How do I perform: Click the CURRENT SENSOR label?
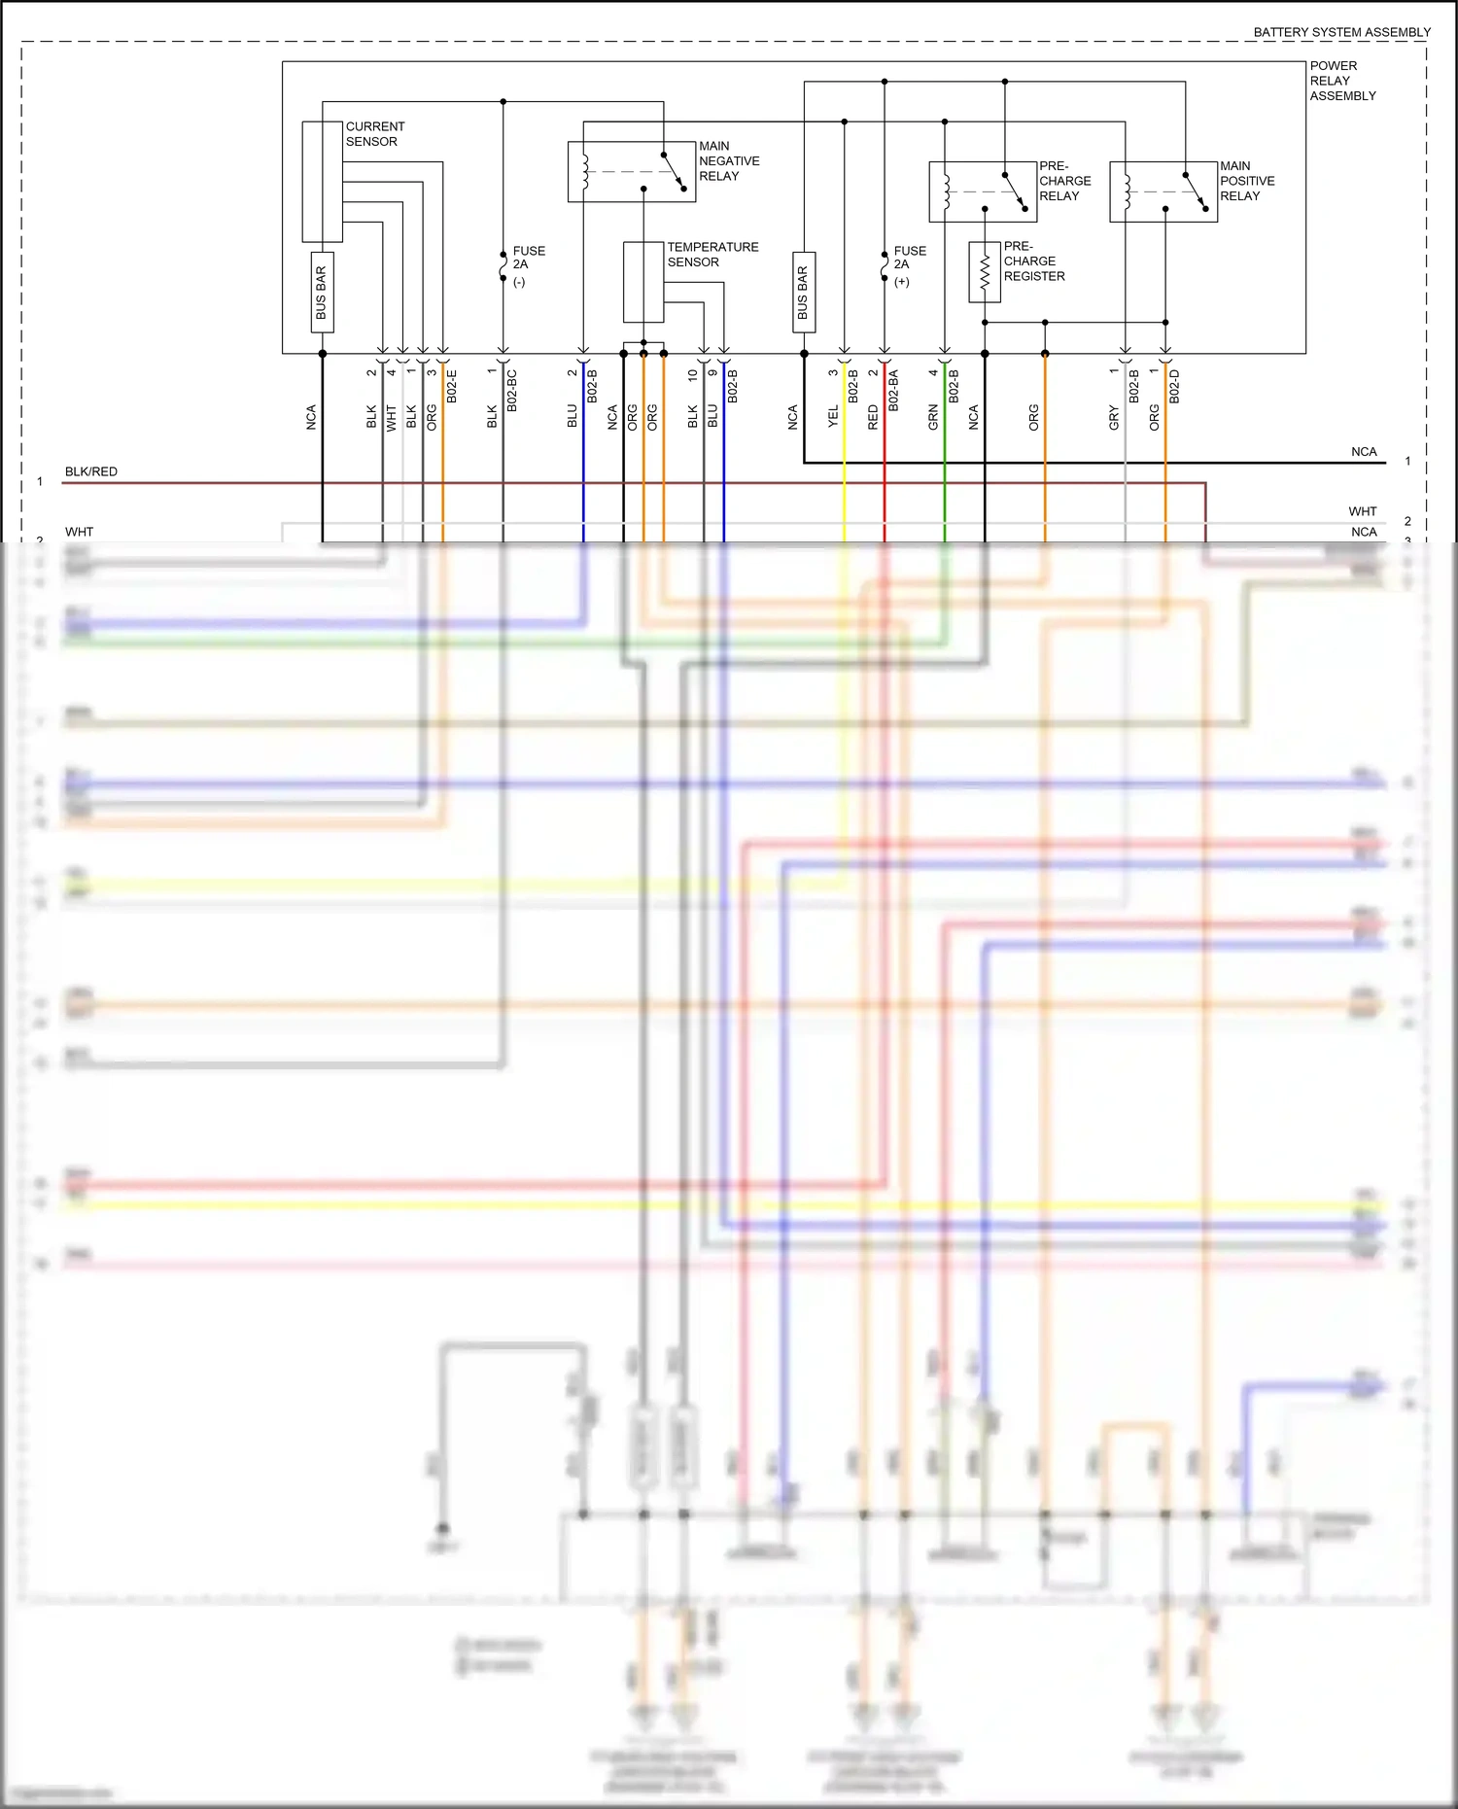tap(374, 134)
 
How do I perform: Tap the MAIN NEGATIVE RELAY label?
tap(728, 161)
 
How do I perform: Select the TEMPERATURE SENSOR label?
tap(712, 255)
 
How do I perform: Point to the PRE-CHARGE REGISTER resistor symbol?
tap(984, 272)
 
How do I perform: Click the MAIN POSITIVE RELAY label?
tap(1246, 181)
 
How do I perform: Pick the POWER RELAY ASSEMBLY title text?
tap(1341, 81)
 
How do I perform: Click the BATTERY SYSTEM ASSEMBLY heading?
tap(1341, 32)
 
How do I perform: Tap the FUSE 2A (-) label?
tap(528, 265)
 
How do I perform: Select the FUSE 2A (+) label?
tap(909, 265)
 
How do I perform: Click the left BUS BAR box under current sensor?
tap(322, 293)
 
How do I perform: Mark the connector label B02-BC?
tap(512, 391)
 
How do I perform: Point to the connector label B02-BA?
tap(893, 391)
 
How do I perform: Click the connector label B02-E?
tap(452, 387)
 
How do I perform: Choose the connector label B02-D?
tap(1174, 387)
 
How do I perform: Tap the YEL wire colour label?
tap(833, 417)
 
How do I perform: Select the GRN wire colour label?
tap(933, 417)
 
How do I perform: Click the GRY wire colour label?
tap(1114, 418)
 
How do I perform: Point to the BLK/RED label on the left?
tap(90, 471)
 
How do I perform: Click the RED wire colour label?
tap(873, 417)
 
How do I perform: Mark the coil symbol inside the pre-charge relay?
tap(946, 191)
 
